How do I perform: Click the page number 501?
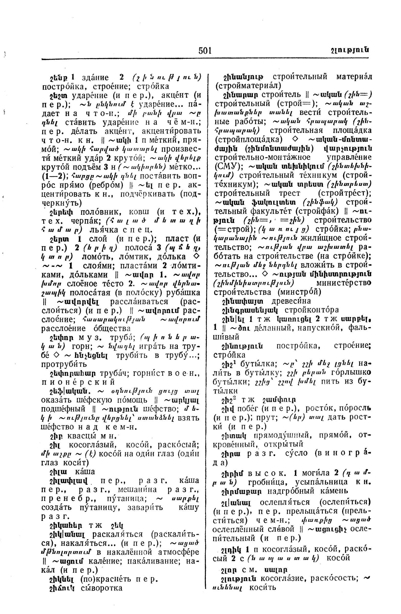tap(205, 51)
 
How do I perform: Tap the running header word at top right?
tap(349, 50)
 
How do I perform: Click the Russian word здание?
tap(95, 78)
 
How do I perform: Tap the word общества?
tap(115, 328)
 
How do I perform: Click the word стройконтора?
tap(312, 310)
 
